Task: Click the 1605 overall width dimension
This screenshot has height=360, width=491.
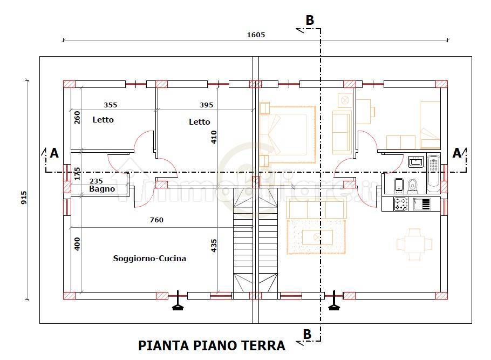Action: (256, 35)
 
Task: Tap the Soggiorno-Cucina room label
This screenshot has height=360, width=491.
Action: (149, 259)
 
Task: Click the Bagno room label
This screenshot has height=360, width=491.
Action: (102, 189)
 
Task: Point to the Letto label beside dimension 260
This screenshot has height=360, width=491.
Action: (103, 120)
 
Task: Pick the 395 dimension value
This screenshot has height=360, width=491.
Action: (206, 105)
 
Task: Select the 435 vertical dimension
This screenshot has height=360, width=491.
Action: (214, 246)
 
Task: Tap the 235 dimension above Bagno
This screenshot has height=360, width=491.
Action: (96, 181)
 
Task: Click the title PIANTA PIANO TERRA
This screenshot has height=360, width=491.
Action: (212, 345)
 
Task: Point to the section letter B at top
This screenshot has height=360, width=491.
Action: (310, 20)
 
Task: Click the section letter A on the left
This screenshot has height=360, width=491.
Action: (54, 154)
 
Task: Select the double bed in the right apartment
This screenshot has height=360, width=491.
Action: (288, 134)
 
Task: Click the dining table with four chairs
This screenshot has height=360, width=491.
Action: (414, 244)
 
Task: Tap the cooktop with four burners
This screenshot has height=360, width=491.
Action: (400, 204)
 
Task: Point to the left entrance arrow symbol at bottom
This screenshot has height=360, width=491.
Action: (177, 307)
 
